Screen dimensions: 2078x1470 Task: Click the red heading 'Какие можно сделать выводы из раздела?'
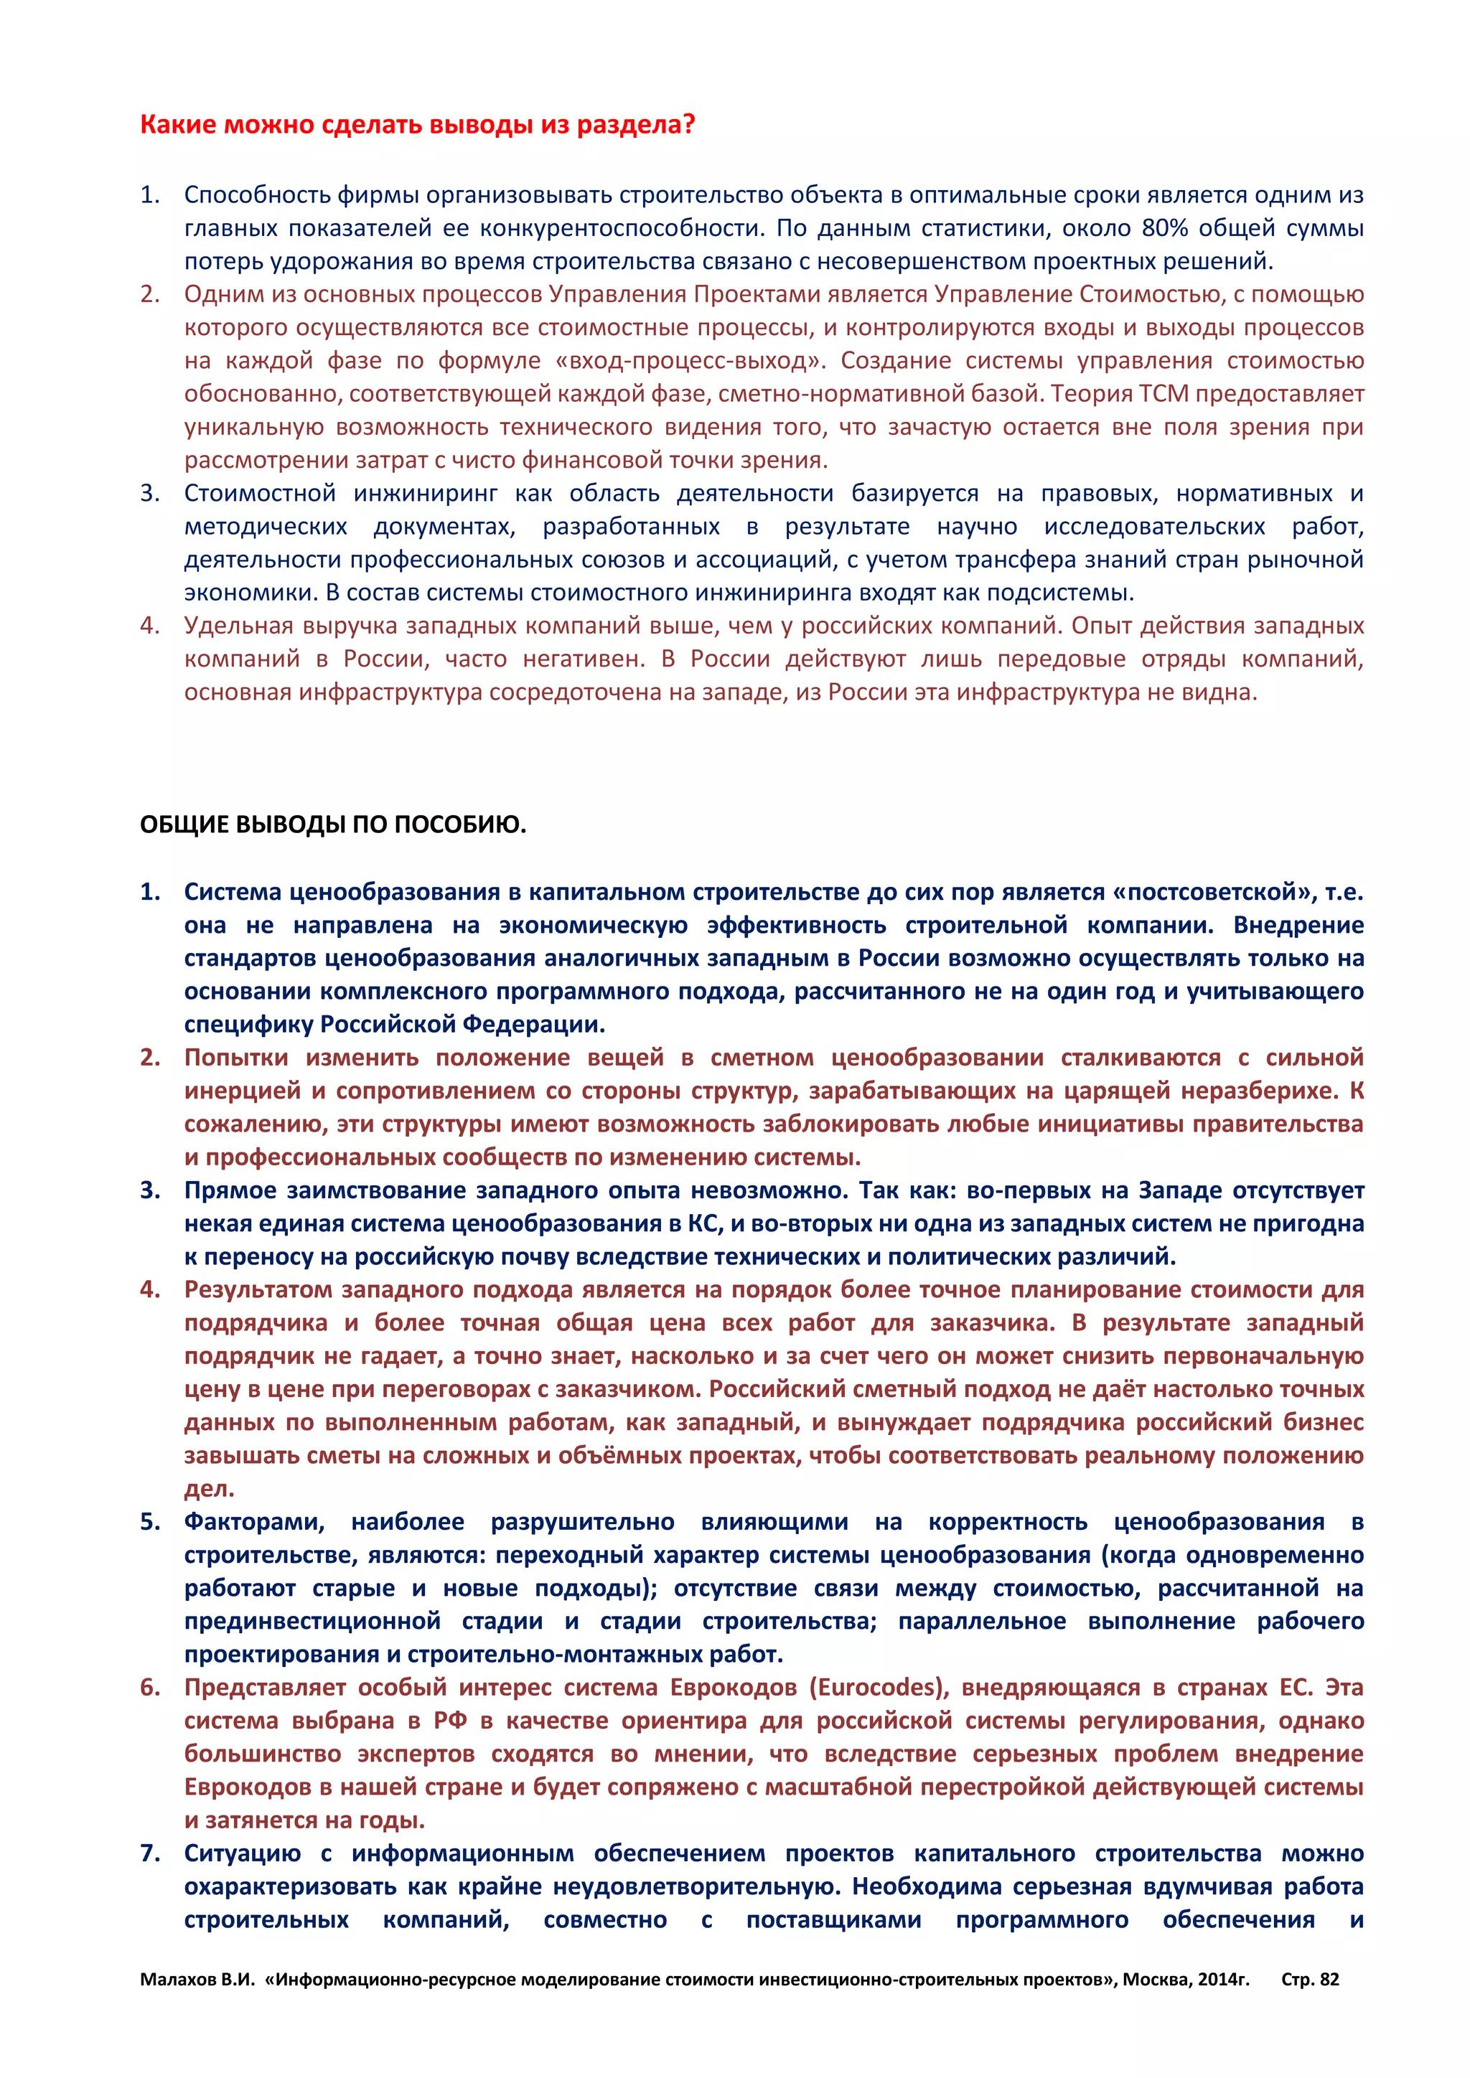(417, 124)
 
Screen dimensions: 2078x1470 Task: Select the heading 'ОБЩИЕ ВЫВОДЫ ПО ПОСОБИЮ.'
(333, 824)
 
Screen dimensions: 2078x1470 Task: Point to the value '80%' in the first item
(1166, 228)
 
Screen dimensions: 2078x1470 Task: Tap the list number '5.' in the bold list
(150, 1521)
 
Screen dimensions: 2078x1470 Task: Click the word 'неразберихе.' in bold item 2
(1268, 1091)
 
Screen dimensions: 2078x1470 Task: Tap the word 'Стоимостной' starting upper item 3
(259, 493)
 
